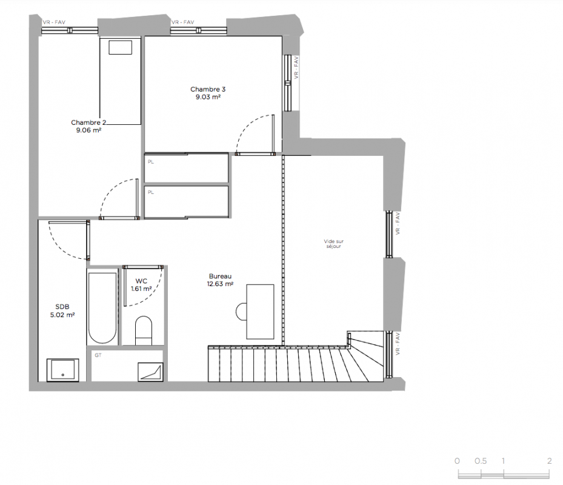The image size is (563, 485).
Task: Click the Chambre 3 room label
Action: [x=208, y=93]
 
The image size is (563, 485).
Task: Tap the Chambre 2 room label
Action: [x=88, y=127]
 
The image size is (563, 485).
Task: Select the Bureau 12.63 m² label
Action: [x=220, y=280]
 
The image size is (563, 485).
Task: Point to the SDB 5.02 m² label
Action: [x=62, y=311]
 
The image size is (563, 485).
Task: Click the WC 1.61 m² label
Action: [x=141, y=285]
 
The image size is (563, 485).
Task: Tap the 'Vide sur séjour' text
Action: [x=333, y=244]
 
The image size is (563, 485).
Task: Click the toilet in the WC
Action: [x=144, y=330]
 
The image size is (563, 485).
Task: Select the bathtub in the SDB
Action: [x=102, y=308]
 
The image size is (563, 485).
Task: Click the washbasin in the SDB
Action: [x=63, y=370]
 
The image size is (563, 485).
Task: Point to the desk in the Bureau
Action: [x=260, y=312]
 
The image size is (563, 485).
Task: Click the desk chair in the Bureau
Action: [x=241, y=312]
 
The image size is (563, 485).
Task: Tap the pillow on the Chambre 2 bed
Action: [x=120, y=47]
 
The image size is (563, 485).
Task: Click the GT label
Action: [x=98, y=355]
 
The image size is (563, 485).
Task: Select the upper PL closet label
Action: [x=151, y=162]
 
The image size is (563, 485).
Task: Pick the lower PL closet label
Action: [x=151, y=193]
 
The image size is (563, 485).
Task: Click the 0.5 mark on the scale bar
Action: [x=481, y=461]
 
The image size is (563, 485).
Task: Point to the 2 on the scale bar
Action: [x=549, y=461]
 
